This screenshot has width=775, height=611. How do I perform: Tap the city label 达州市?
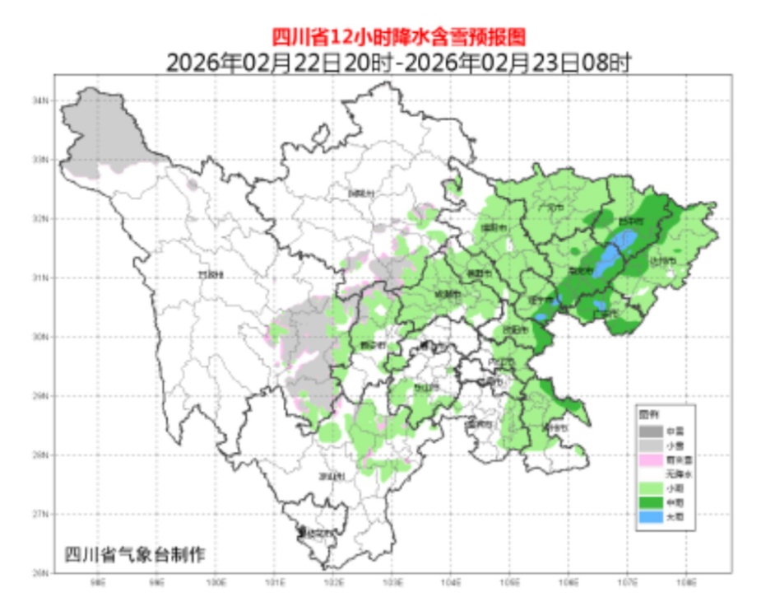coord(662,261)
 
